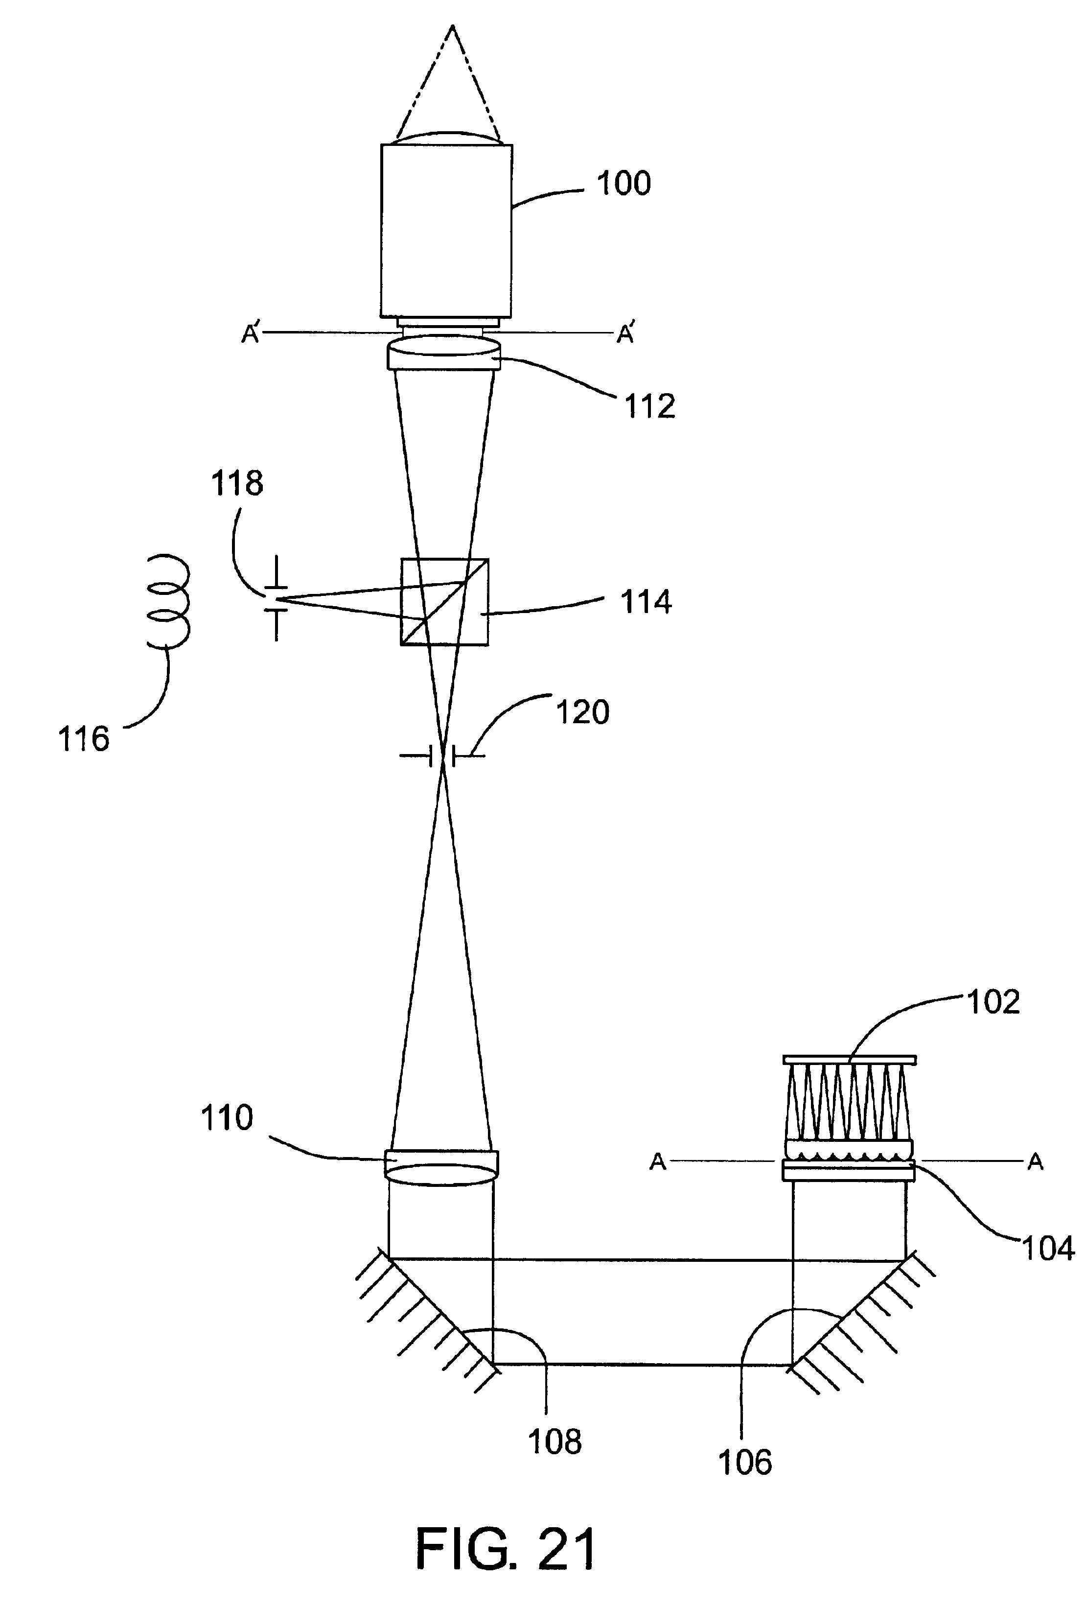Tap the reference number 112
tap(649, 406)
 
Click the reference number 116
tap(84, 739)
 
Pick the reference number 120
tap(582, 711)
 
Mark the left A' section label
tap(251, 334)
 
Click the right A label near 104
tap(1035, 1162)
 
